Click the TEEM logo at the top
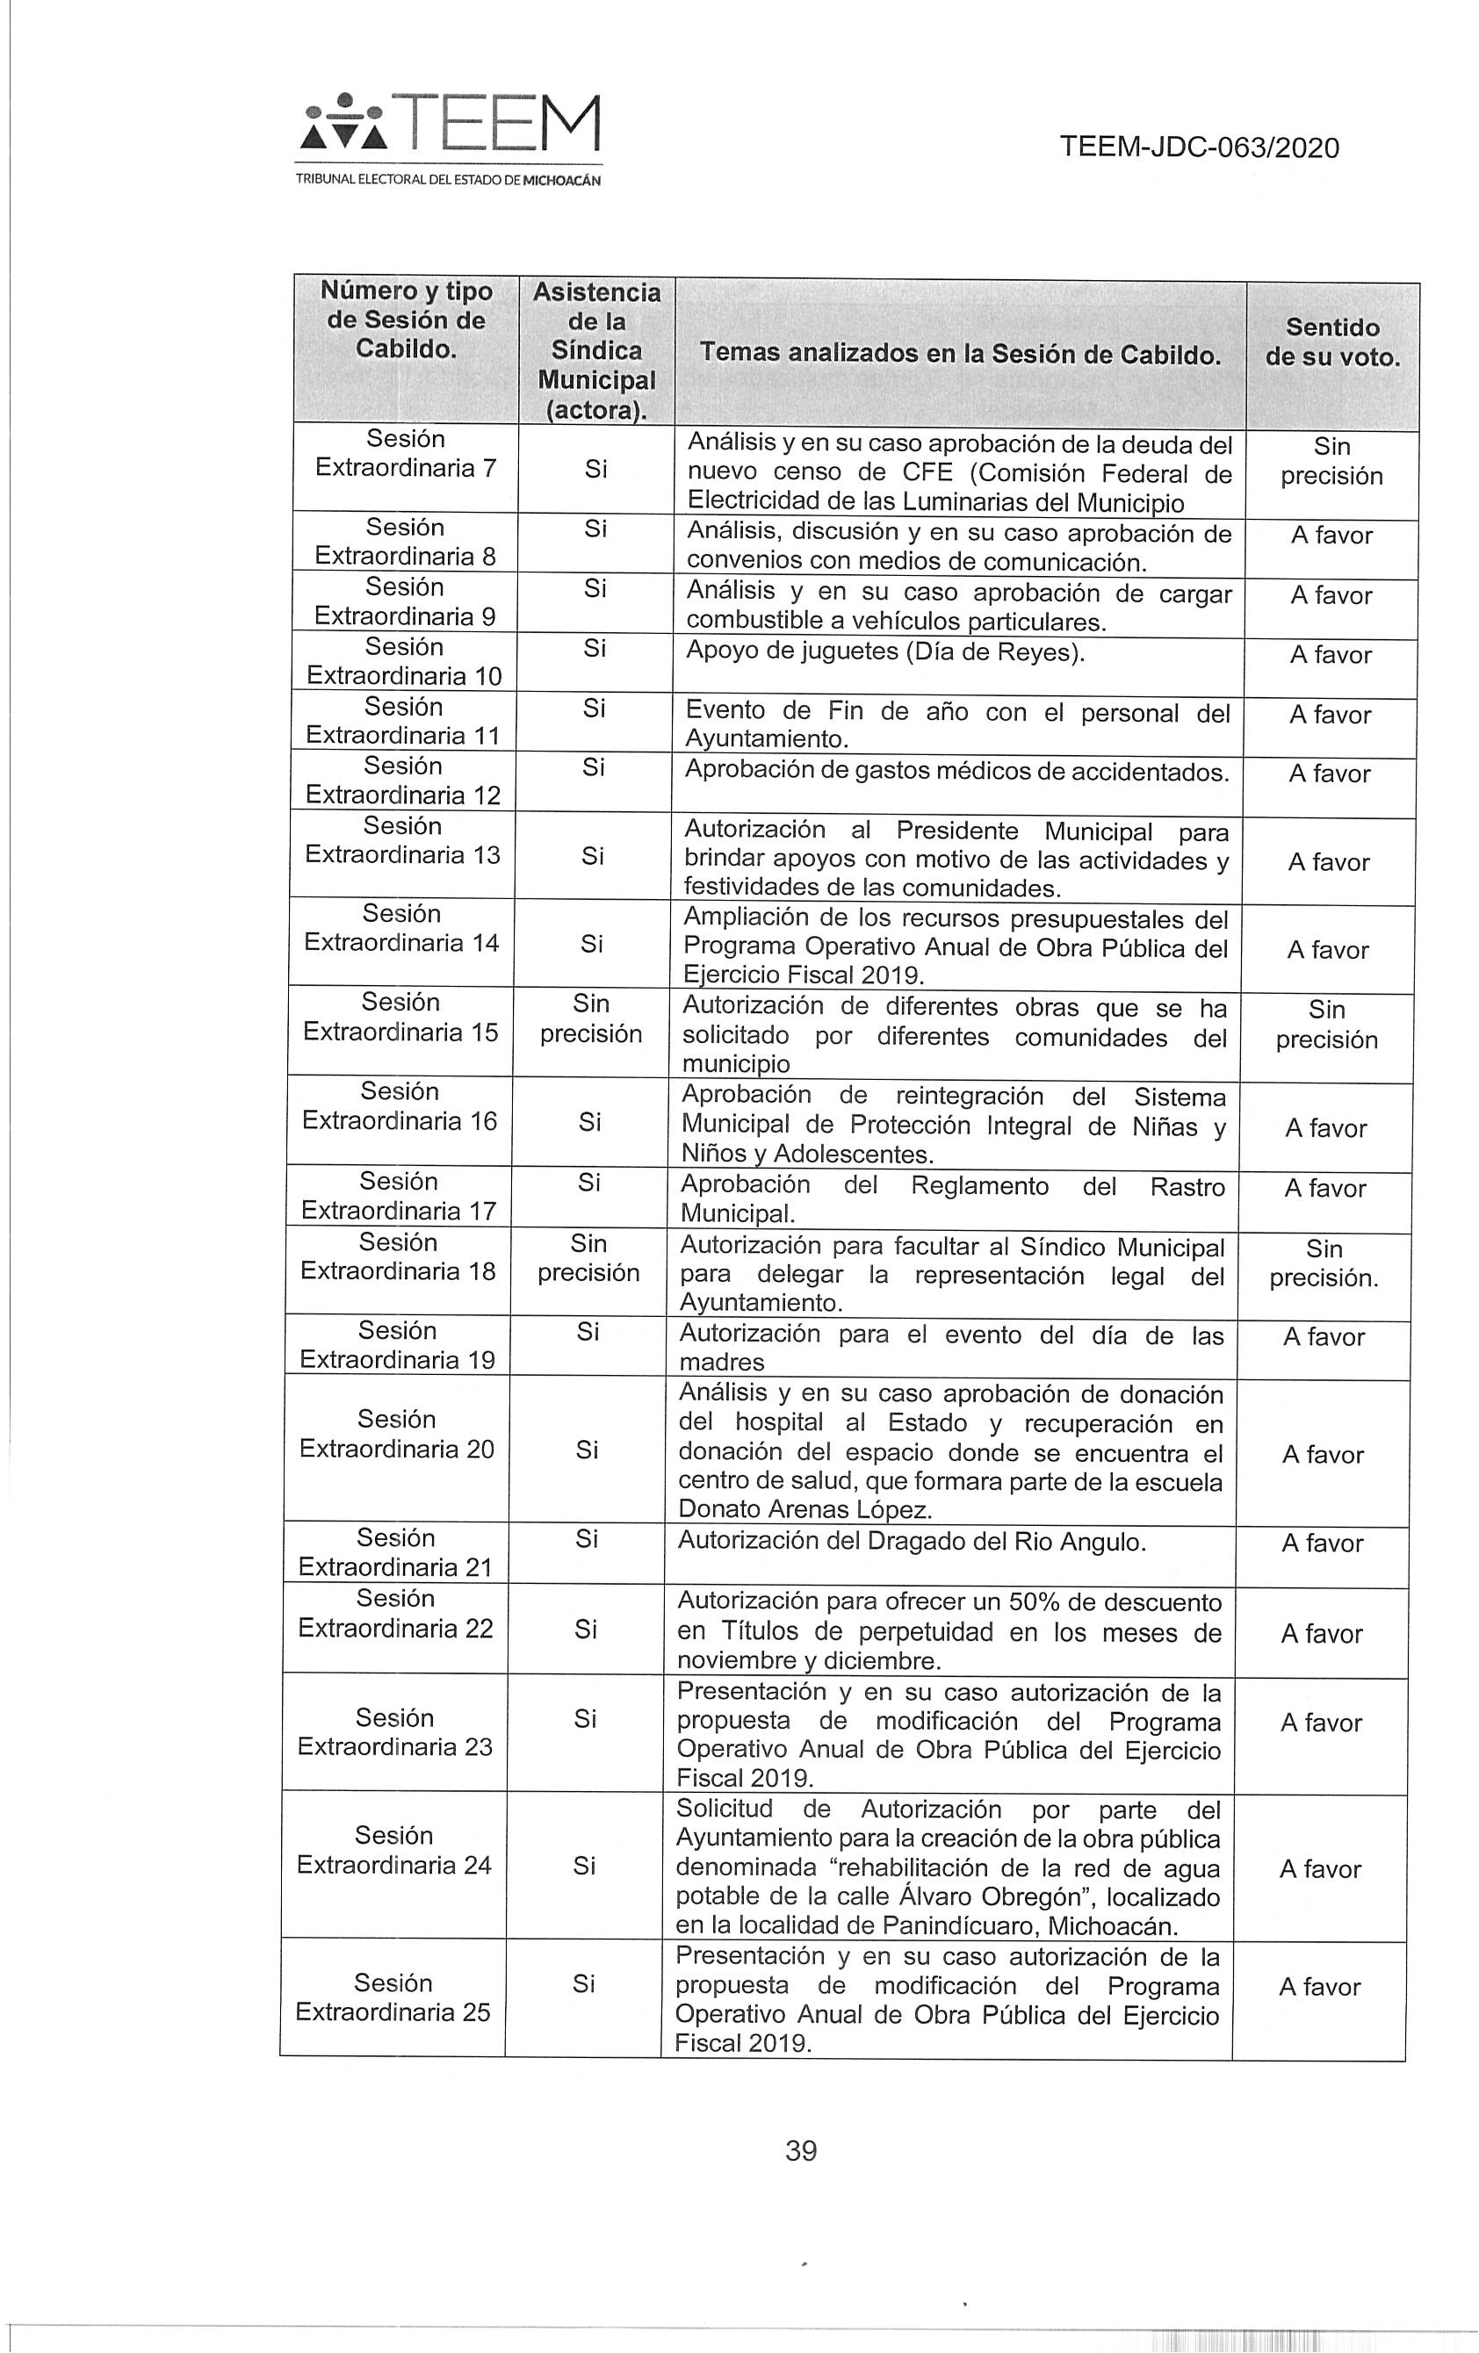[450, 125]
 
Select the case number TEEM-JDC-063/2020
[1199, 148]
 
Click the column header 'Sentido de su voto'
[1331, 342]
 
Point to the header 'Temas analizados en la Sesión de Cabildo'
[960, 354]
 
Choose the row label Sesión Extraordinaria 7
[405, 453]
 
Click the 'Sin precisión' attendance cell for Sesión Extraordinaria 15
[590, 1018]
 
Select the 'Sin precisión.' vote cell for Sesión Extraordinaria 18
[1324, 1263]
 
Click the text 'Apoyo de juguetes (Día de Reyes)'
[884, 651]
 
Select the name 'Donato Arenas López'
[804, 1510]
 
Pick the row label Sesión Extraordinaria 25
[393, 1997]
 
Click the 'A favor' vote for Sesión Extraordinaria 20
[1322, 1454]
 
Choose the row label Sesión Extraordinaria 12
[403, 780]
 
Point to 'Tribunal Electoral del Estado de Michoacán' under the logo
[449, 181]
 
